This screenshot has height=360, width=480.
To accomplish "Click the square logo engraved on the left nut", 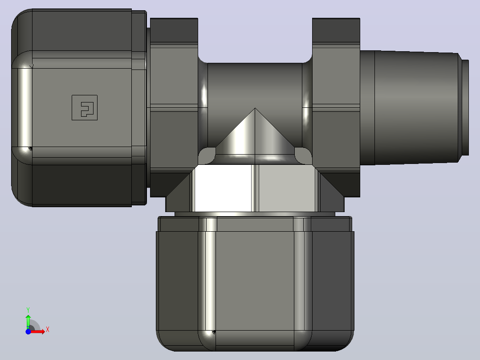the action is click(x=85, y=107).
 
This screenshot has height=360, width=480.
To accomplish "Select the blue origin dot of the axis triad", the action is click(x=28, y=331).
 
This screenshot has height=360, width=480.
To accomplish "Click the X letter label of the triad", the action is click(x=48, y=330).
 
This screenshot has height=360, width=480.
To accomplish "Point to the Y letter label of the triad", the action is click(x=28, y=310).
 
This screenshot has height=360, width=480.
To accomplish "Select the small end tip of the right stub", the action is click(x=465, y=107).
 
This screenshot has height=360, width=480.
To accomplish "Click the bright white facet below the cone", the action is click(x=223, y=188).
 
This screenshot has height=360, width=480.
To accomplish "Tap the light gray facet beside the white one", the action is click(x=287, y=188).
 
